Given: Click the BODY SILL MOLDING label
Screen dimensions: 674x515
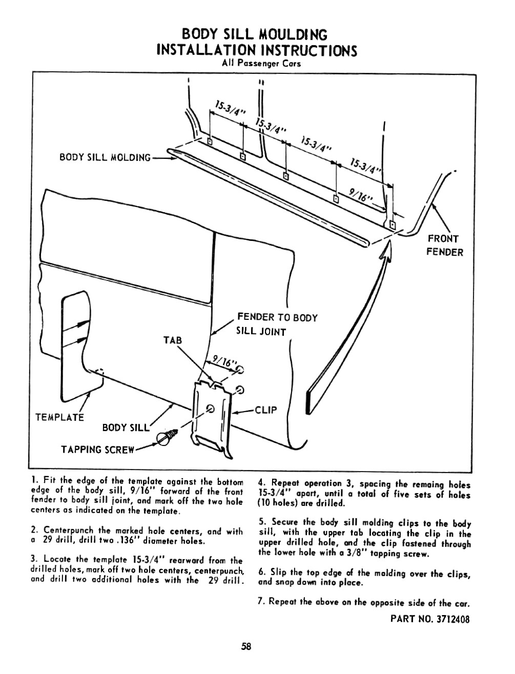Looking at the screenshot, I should [105, 157].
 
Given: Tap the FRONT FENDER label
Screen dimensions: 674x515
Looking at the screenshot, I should [444, 245].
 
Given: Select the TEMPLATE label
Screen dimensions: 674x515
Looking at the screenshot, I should [59, 417].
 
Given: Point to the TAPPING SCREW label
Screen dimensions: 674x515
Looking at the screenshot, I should [98, 450].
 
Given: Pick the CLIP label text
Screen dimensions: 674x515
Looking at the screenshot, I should [265, 410].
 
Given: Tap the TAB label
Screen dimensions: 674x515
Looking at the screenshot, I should [173, 341].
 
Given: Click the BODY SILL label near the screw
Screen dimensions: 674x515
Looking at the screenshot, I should [125, 427].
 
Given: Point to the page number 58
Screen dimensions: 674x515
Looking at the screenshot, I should [246, 647].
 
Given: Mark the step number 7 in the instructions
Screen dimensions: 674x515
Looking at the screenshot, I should [260, 602].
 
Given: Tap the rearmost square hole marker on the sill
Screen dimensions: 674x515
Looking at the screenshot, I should [210, 141].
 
